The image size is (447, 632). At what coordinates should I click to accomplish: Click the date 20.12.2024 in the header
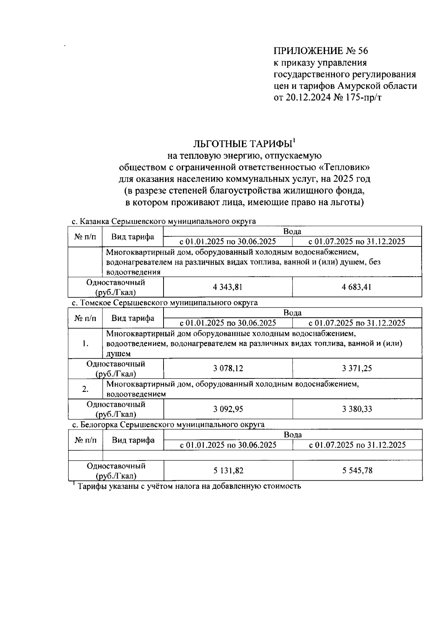(309, 98)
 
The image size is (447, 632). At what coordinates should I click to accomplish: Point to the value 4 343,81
(228, 287)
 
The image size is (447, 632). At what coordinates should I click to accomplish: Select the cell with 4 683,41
(357, 287)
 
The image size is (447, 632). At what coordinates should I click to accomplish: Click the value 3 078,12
(228, 368)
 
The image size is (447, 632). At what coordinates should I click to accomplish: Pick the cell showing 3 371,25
(357, 368)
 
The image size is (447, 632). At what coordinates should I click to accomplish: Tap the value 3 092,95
(228, 409)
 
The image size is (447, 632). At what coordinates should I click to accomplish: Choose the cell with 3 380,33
(357, 409)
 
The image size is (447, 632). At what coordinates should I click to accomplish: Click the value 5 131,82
(228, 471)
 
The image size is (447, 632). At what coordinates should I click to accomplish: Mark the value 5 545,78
(357, 471)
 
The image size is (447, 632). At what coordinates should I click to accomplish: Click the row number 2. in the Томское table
(85, 389)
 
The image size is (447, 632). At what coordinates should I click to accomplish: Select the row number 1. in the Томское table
(85, 343)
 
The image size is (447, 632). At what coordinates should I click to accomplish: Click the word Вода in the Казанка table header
(292, 231)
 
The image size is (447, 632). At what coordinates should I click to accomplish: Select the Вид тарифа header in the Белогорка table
(133, 440)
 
